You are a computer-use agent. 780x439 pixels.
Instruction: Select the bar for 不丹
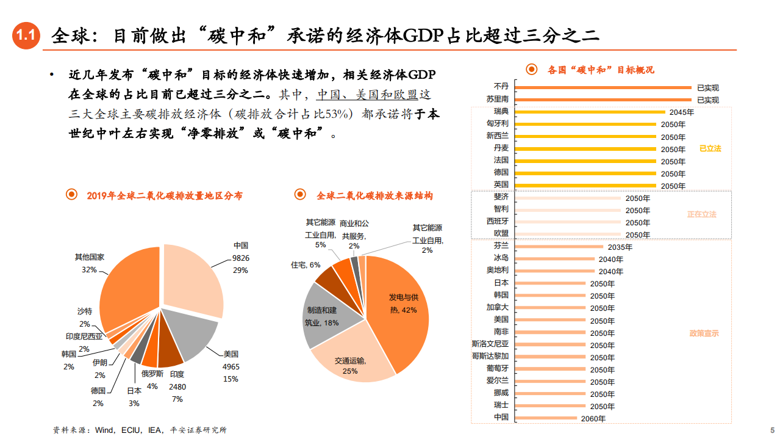coord(604,87)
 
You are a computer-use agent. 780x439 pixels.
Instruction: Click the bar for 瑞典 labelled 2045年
coord(590,112)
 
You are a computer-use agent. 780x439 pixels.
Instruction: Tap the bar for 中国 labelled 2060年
coord(546,418)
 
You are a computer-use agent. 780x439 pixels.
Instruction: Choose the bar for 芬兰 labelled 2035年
coord(559,247)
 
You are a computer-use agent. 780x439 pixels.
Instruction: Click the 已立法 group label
coord(710,148)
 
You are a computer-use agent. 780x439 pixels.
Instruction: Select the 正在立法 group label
coord(702,214)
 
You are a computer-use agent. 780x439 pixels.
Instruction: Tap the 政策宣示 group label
coord(704,333)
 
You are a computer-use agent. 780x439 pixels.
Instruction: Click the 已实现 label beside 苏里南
coord(707,100)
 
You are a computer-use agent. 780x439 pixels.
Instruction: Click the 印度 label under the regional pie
coord(177,374)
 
